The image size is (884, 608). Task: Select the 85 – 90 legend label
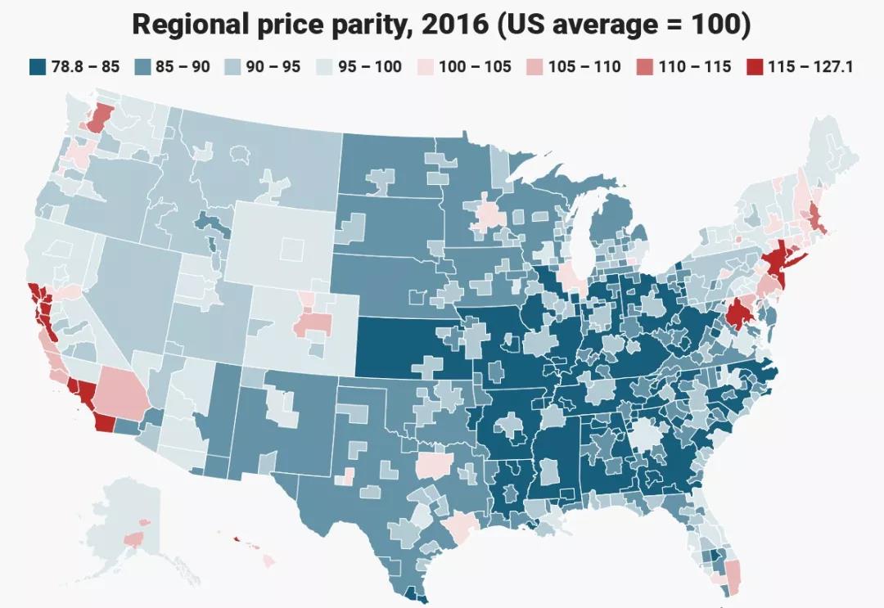point(183,66)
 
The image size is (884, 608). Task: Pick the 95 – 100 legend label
point(370,66)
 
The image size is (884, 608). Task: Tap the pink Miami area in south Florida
point(733,572)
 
